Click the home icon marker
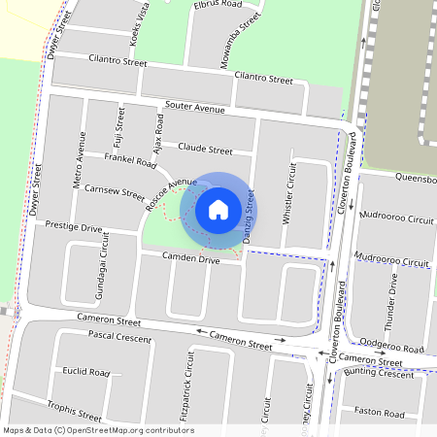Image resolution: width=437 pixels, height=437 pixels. (x=218, y=209)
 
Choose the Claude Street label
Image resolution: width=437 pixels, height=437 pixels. (x=205, y=151)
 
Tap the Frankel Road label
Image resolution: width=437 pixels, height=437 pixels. (x=130, y=159)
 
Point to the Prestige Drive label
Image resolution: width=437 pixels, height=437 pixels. (x=74, y=226)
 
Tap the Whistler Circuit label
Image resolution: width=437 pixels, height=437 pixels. (x=289, y=194)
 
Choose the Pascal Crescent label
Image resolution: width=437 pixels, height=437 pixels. (x=118, y=337)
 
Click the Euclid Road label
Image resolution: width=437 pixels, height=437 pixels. (x=85, y=372)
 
